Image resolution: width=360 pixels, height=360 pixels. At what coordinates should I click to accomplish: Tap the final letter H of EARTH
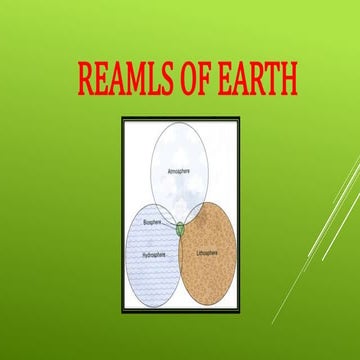click(x=287, y=81)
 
